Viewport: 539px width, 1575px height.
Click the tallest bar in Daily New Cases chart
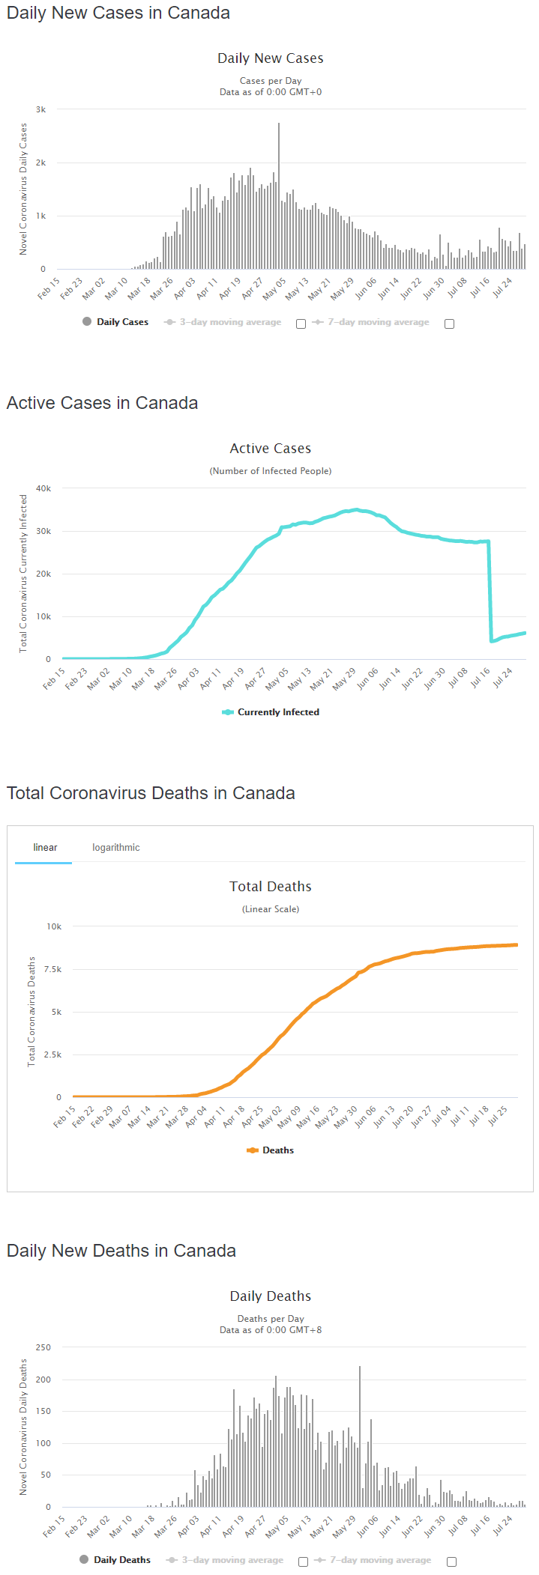pyautogui.click(x=279, y=196)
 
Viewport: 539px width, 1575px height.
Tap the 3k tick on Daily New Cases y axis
pyautogui.click(x=41, y=109)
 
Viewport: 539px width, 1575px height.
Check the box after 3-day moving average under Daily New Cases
pyautogui.click(x=301, y=324)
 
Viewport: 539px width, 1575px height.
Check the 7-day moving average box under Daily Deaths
pyautogui.click(x=451, y=1562)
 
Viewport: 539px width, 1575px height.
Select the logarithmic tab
pyautogui.click(x=116, y=848)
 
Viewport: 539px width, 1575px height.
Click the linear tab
pyautogui.click(x=45, y=848)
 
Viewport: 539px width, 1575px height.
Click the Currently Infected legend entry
pyautogui.click(x=271, y=712)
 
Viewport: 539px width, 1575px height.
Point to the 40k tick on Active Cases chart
pyautogui.click(x=43, y=488)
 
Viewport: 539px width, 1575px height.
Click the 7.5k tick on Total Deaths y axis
pyautogui.click(x=52, y=969)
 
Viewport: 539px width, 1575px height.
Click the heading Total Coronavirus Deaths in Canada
pyautogui.click(x=151, y=793)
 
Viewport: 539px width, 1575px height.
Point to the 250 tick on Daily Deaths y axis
pyautogui.click(x=43, y=1347)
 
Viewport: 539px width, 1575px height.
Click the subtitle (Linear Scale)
pyautogui.click(x=271, y=909)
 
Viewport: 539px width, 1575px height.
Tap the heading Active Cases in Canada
pyautogui.click(x=103, y=403)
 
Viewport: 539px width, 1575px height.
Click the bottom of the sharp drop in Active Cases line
pyautogui.click(x=492, y=641)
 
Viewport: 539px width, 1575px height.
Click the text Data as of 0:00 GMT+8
pyautogui.click(x=271, y=1330)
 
